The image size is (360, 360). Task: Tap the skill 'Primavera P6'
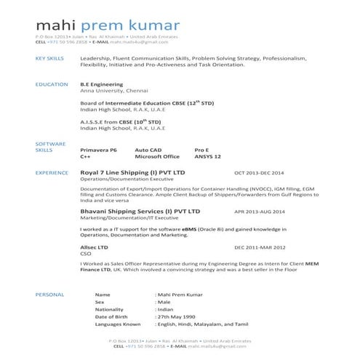[x=98, y=149]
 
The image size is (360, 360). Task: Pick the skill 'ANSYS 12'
[x=207, y=156]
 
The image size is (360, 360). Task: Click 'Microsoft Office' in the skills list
[x=157, y=156]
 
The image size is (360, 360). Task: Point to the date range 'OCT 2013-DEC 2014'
[x=260, y=173]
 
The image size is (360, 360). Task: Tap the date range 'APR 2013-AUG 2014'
[x=260, y=212]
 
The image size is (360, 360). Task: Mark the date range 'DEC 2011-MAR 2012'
[x=260, y=248]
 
